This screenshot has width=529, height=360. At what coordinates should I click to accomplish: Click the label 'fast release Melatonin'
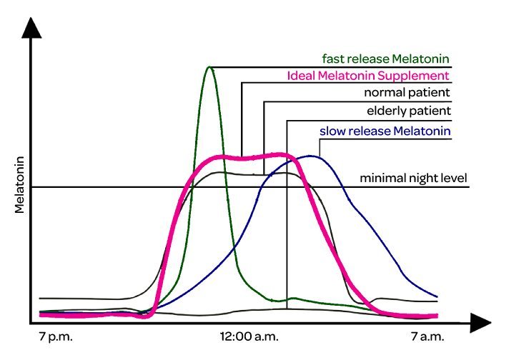387,58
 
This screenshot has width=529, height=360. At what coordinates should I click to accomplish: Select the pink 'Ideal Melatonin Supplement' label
368,75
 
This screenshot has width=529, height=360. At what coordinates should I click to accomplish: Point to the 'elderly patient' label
408,111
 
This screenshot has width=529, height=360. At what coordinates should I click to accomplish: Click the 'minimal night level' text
413,178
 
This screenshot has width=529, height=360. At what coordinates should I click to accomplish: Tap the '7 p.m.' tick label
56,336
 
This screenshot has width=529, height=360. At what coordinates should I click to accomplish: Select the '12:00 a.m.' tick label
249,336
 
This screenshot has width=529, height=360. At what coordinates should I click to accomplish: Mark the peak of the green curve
209,68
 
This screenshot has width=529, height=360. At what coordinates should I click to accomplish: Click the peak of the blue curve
312,156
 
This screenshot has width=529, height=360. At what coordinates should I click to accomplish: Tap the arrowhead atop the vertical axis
31,26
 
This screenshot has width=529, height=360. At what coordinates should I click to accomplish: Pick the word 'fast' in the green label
332,58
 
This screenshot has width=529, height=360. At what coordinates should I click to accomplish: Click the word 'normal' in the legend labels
384,93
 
